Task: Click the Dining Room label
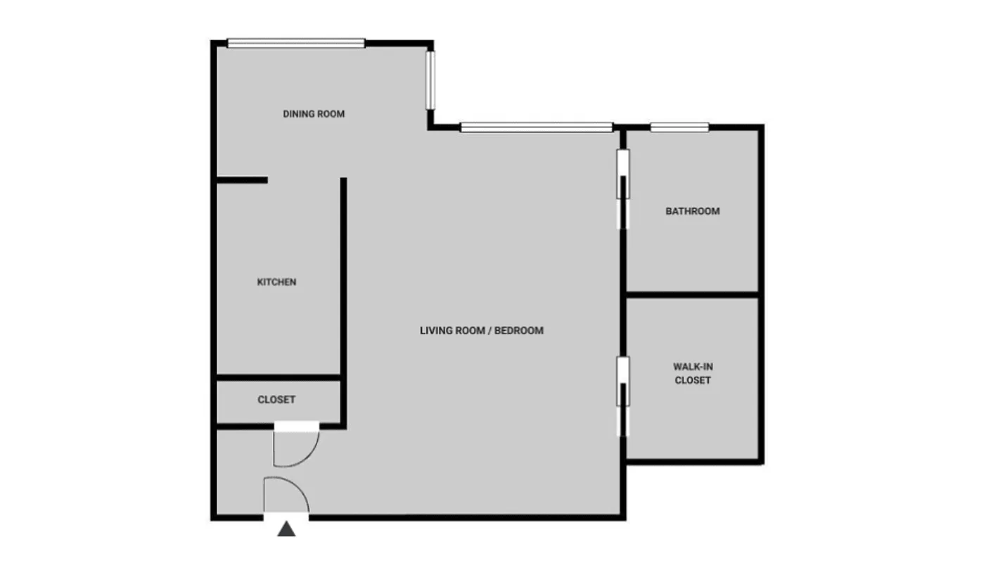314,114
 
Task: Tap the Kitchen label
276,282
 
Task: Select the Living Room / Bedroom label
481,331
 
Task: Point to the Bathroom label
692,211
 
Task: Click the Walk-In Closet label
692,373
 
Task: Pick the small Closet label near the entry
276,400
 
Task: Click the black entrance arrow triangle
286,529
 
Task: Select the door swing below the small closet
298,448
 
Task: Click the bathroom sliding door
623,189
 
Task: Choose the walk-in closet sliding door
623,396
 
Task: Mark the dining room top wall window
295,44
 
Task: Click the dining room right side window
430,80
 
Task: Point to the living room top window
536,127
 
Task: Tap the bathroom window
679,127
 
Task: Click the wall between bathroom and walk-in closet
692,293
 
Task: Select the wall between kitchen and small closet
278,378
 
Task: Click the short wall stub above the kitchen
241,180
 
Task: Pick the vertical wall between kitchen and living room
343,281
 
